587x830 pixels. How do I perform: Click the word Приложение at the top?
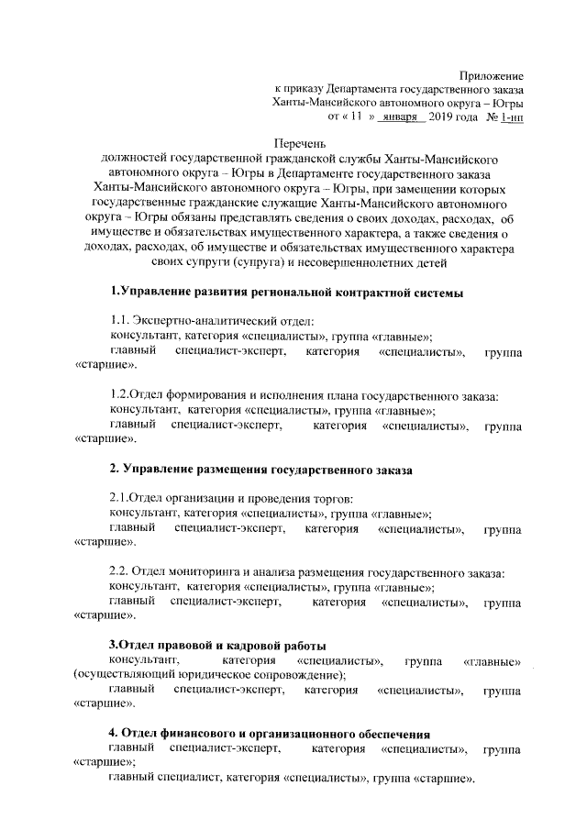coord(491,74)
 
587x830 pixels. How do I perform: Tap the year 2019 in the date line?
coord(444,118)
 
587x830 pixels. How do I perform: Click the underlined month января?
coord(404,118)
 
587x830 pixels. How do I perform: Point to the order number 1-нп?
coord(511,118)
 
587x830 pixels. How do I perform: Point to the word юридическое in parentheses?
coord(230,674)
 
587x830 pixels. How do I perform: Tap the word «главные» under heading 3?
coord(493,660)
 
